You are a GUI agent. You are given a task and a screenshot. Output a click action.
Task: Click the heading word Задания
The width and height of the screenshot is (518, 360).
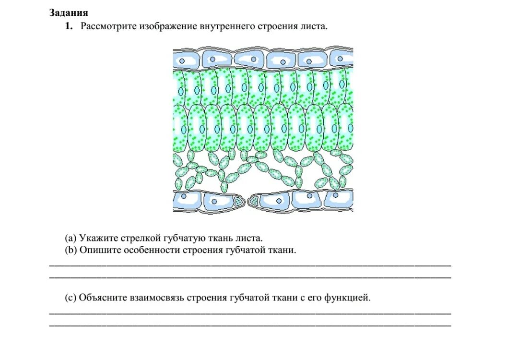(69, 13)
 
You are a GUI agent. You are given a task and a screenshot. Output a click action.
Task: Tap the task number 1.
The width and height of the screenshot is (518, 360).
(69, 26)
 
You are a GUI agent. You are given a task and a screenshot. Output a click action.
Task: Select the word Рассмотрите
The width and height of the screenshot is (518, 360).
(108, 26)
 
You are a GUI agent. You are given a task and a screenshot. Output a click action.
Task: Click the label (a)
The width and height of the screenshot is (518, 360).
(71, 238)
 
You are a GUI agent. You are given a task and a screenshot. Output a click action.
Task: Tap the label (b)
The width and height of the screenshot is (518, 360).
(71, 250)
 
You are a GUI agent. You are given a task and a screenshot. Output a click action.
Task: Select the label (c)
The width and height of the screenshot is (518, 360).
(71, 298)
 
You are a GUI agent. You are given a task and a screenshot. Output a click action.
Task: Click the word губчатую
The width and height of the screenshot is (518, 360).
(181, 238)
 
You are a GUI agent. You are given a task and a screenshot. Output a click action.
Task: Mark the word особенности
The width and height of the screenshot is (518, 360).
(146, 250)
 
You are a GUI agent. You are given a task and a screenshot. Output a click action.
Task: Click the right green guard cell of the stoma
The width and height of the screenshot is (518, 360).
(254, 201)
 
